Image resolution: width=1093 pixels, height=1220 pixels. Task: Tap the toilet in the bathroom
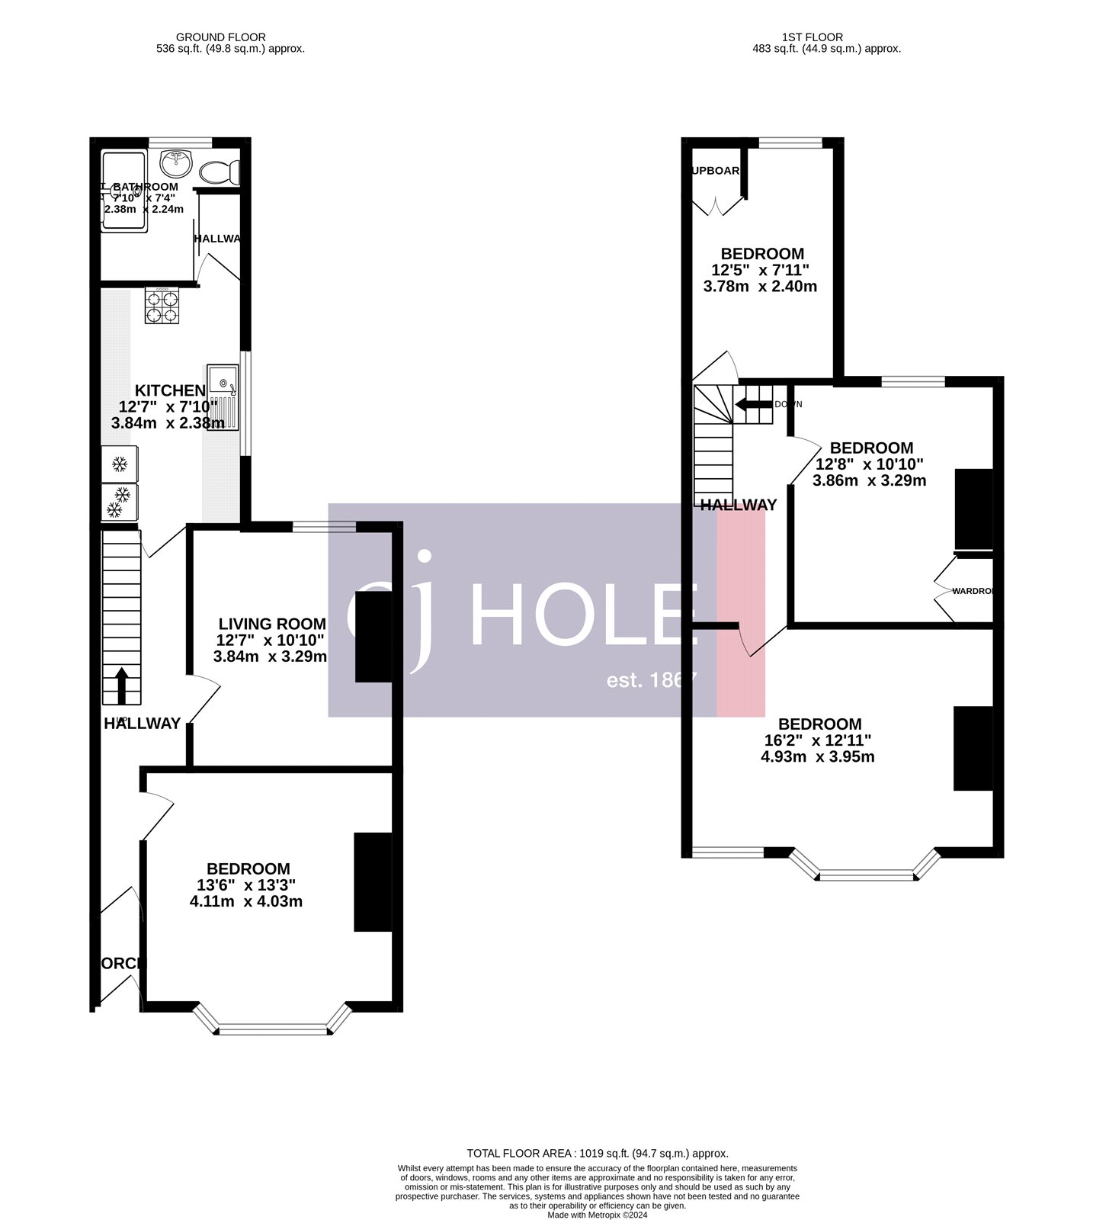[219, 172]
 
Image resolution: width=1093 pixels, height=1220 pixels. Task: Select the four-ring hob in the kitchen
[162, 306]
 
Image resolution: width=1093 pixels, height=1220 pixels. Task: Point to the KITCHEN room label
[170, 390]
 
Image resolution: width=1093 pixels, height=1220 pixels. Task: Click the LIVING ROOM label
[272, 624]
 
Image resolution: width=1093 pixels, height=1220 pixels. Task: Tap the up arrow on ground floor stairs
[122, 685]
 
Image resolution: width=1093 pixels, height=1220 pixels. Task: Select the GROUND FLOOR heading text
[221, 37]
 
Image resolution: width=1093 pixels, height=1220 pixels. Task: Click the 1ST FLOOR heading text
[813, 37]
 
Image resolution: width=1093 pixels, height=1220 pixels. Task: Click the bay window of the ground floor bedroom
[273, 1026]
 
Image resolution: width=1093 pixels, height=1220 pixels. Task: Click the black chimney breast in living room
[373, 636]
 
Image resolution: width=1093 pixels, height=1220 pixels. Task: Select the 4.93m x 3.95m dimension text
[818, 757]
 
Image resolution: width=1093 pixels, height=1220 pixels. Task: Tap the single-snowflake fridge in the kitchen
[120, 464]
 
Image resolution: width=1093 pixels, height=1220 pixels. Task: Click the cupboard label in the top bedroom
[716, 171]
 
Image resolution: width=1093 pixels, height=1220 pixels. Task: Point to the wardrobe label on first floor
[972, 590]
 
